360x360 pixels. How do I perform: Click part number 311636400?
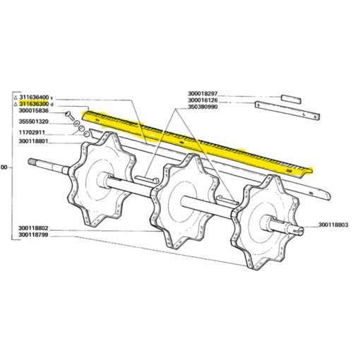coord(34,97)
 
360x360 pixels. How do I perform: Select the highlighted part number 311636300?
coord(34,104)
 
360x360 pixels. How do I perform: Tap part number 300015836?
coord(34,111)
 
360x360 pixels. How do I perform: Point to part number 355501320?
coord(34,121)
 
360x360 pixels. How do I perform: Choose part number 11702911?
coord(32,133)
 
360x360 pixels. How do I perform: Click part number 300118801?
coord(33,142)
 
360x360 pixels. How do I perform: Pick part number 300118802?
coord(33,228)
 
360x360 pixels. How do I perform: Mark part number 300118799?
coord(33,235)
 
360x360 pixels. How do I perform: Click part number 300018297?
coord(203,94)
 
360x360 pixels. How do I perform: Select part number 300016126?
coord(203,100)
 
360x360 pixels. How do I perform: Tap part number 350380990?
coord(203,107)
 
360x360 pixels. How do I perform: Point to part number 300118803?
coord(333,225)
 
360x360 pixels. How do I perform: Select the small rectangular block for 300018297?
coord(291,100)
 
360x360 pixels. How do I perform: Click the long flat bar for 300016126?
coord(287,110)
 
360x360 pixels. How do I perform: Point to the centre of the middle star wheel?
coord(185,201)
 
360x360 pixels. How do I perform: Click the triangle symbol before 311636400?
coord(16,97)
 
